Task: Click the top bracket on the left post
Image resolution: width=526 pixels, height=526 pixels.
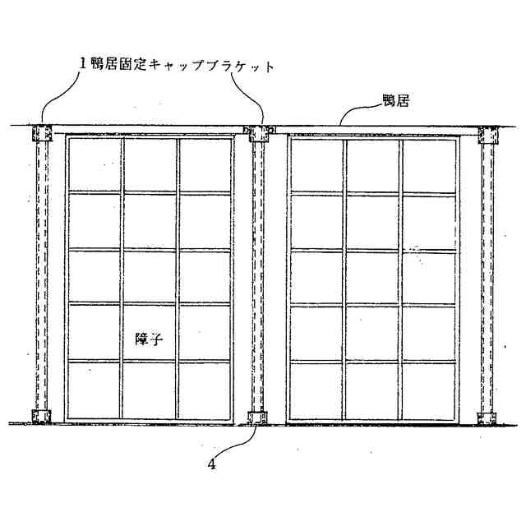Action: pos(41,134)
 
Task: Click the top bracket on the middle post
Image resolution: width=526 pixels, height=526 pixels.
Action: pos(258,133)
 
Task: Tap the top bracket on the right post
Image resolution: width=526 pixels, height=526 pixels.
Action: pos(487,134)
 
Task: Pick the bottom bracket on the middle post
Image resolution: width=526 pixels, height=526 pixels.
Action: pos(257,416)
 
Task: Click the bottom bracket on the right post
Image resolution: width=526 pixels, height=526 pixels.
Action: pos(487,416)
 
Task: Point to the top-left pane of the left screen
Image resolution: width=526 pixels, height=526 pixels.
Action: pos(94,164)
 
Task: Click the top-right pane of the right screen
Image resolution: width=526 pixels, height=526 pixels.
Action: pos(429,164)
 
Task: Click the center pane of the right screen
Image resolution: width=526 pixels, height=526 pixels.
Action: pos(372,277)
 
